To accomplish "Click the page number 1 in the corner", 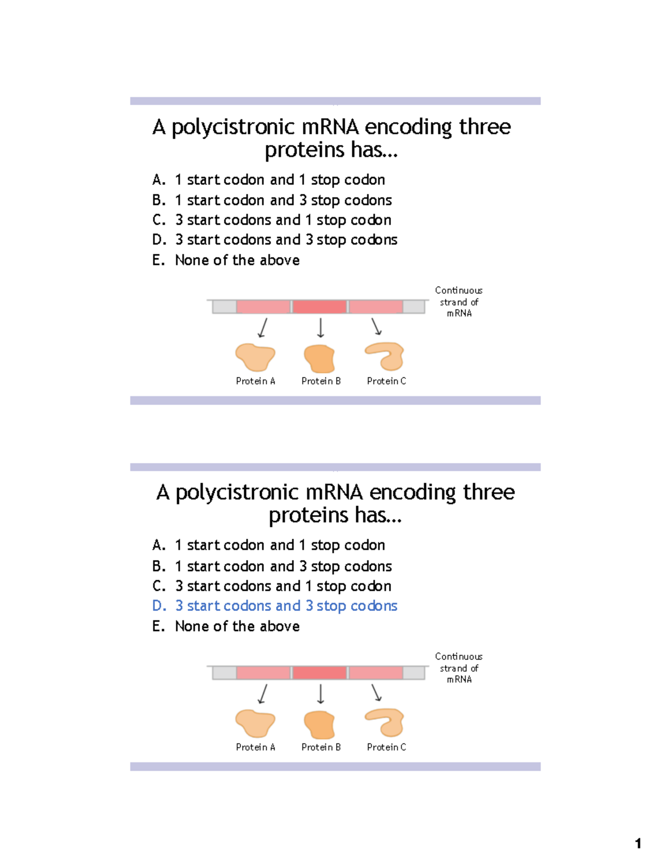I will coord(638,843).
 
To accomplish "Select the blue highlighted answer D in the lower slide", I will coord(275,606).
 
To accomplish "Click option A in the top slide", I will coord(268,180).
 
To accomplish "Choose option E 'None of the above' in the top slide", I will coord(226,260).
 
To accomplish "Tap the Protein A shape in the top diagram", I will coord(255,357).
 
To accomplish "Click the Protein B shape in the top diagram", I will coord(319,358).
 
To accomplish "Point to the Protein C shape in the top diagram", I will coord(385,356).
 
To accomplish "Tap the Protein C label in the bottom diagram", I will coord(386,747).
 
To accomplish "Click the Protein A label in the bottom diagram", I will coord(256,747).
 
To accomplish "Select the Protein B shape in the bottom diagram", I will coord(319,724).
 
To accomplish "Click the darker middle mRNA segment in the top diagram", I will coord(319,307).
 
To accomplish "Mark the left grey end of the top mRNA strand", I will coord(224,307).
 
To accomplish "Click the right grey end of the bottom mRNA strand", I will coord(414,673).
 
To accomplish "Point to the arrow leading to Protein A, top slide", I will coord(262,328).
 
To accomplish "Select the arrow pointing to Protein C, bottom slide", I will coord(376,693).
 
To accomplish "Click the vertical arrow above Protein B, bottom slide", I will coord(320,694).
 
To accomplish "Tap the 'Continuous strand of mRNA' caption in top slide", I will coord(459,302).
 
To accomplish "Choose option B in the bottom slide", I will coord(272,566).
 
